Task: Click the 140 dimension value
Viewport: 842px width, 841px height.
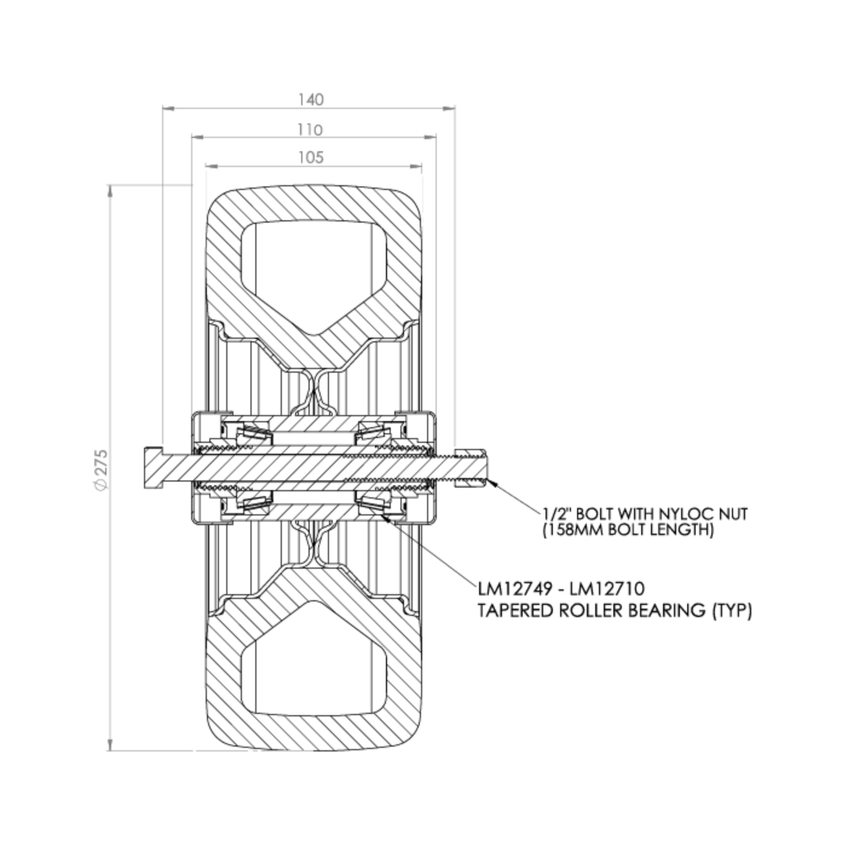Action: point(311,99)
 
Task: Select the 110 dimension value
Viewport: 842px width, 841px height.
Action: point(311,130)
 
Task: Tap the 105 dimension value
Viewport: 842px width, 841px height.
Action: point(311,158)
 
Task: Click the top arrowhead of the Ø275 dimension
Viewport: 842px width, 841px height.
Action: point(109,190)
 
